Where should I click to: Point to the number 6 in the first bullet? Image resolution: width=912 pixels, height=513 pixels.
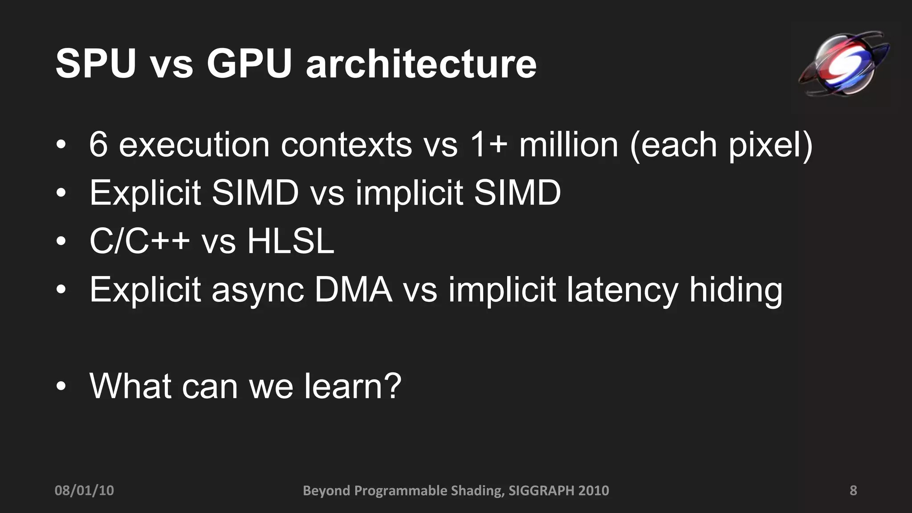[98, 145]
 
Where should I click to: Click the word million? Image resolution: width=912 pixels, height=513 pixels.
[569, 145]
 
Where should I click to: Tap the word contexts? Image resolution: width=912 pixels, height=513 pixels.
[346, 145]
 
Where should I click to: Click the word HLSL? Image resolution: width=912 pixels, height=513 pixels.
[290, 241]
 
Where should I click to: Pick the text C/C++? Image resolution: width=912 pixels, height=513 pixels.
[140, 241]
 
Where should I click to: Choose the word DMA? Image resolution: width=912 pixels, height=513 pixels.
[353, 289]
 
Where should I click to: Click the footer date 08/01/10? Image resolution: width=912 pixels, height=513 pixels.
[84, 490]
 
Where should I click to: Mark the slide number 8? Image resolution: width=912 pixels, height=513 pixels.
[853, 490]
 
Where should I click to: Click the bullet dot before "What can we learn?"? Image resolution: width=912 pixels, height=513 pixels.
[61, 386]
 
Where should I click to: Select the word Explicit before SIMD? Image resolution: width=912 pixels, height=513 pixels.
[145, 193]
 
